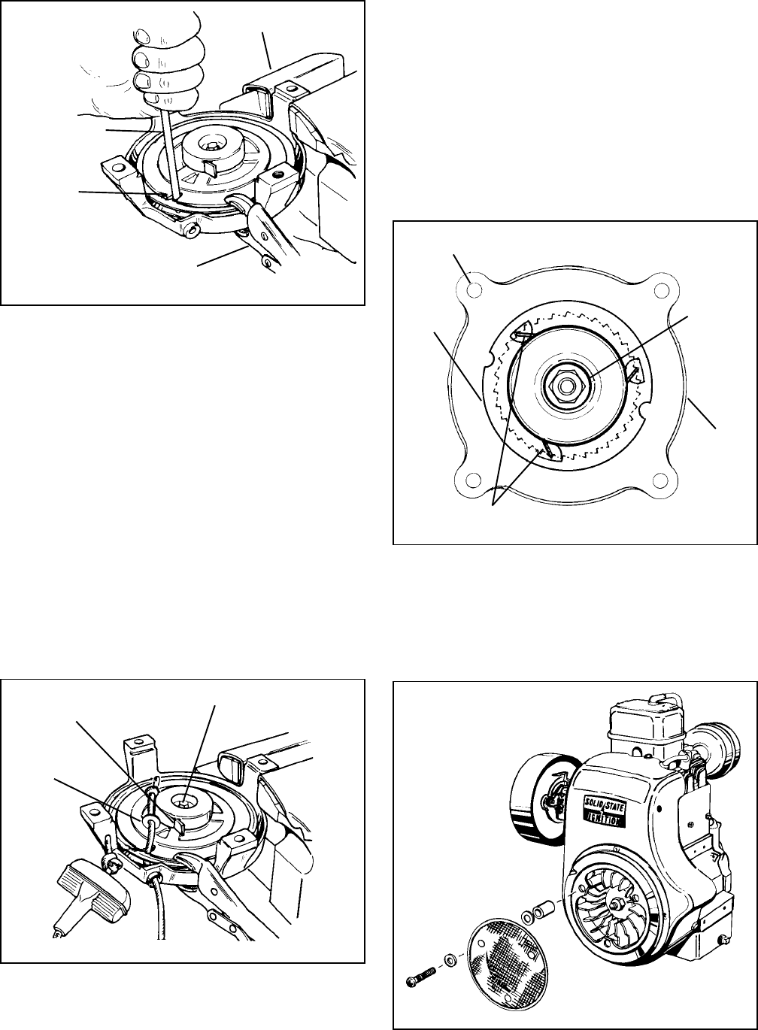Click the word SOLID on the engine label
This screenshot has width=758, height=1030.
(593, 803)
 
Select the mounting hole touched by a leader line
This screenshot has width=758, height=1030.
(475, 289)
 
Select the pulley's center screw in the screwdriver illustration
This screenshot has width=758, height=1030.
(211, 146)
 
